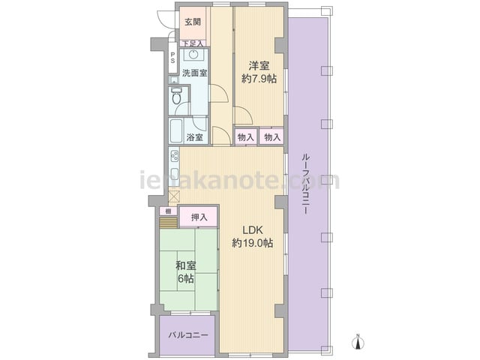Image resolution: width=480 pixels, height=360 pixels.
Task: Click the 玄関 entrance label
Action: (193, 22)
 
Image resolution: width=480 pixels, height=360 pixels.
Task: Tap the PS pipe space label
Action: (172, 58)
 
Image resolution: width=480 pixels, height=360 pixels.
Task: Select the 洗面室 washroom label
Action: (195, 73)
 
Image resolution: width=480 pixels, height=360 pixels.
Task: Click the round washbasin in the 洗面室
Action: (193, 55)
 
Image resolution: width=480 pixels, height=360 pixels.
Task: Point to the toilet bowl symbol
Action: (176, 97)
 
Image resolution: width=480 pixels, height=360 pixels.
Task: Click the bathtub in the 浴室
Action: (176, 130)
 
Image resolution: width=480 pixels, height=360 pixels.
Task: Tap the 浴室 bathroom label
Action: (195, 137)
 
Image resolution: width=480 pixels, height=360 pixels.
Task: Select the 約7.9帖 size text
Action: (259, 79)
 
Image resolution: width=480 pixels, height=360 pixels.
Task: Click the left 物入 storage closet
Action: (246, 137)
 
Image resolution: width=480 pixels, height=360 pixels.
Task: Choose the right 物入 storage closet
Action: (271, 137)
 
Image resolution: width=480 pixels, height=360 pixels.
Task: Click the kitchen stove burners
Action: (175, 157)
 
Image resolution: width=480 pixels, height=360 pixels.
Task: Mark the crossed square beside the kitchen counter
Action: (174, 196)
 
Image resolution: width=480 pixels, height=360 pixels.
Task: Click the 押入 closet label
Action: (199, 217)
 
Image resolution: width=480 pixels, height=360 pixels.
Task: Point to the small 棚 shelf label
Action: (168, 211)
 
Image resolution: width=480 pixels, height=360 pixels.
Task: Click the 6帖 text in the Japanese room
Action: (186, 278)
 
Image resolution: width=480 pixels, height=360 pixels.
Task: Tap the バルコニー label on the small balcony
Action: (188, 335)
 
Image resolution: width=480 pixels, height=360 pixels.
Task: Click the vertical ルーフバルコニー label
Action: (305, 184)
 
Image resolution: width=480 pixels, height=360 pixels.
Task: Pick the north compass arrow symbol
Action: (358, 342)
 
